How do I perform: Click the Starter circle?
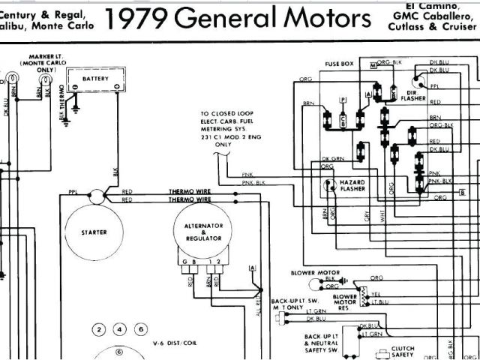point(94,233)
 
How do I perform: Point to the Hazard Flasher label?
point(356,185)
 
